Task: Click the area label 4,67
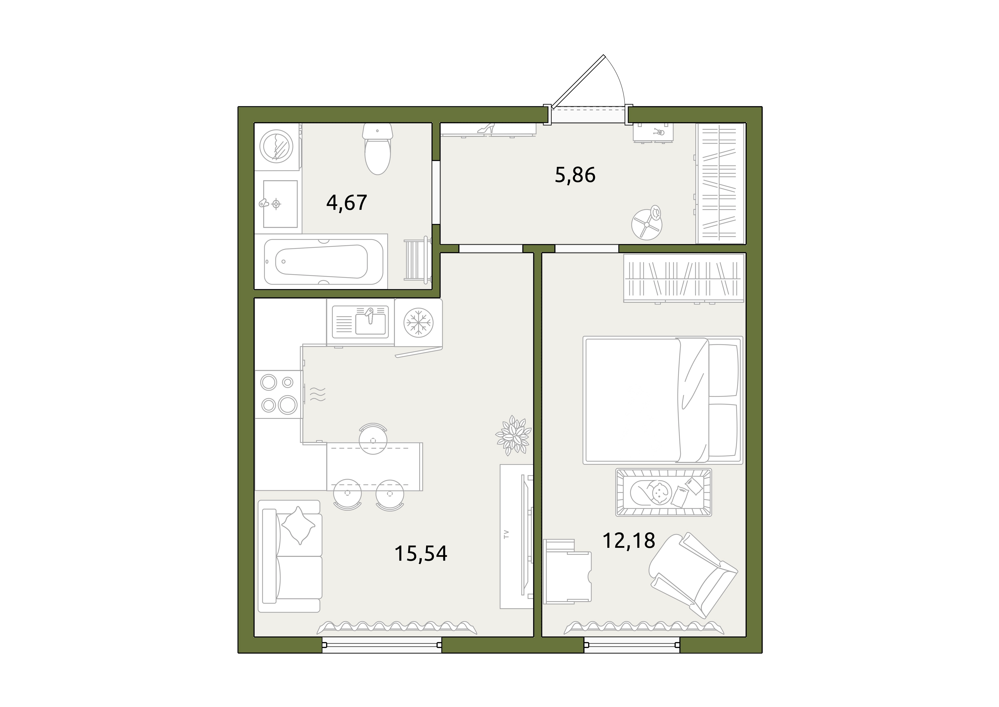[347, 203]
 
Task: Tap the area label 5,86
[575, 175]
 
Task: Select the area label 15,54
[421, 554]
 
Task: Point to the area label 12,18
[629, 541]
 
